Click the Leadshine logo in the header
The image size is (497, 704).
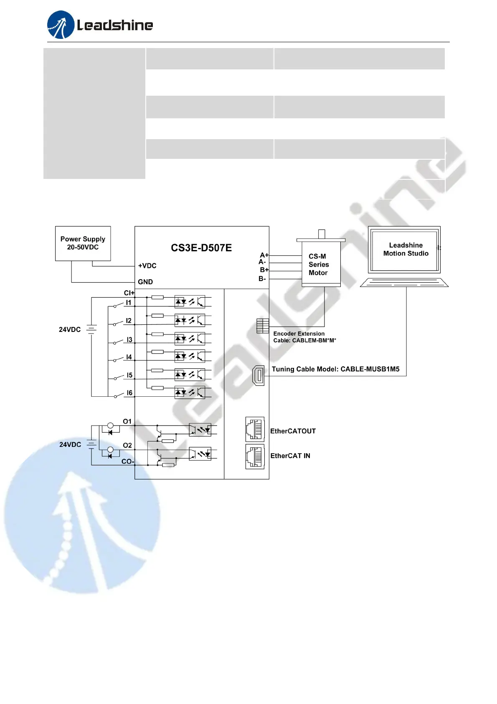100,25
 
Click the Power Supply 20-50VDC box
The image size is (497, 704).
83,243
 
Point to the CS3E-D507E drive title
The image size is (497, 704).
201,248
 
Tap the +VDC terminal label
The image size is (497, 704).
147,266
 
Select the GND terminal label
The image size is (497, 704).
145,282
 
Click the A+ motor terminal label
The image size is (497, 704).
264,255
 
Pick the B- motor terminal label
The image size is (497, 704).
262,278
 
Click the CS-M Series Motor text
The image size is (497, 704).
318,265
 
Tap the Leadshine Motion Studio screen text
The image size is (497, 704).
406,249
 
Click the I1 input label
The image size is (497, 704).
129,303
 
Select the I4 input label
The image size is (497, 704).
129,357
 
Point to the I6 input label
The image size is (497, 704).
129,393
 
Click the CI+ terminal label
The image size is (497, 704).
129,293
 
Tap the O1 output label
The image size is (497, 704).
127,421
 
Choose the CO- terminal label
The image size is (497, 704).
127,462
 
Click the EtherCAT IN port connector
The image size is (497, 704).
255,457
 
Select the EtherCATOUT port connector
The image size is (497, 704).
255,429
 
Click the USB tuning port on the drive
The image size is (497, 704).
259,375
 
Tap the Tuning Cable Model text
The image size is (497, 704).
335,369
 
